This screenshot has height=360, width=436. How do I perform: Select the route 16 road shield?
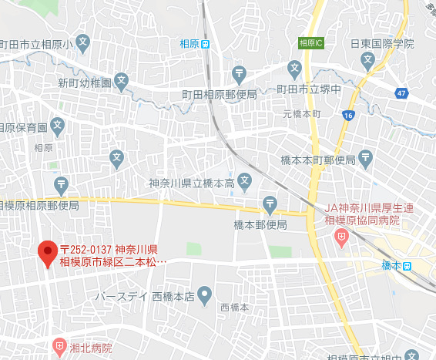pos(349,115)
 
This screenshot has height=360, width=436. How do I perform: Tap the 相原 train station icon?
pos(205,44)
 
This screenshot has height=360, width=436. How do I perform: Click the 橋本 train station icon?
pos(407,266)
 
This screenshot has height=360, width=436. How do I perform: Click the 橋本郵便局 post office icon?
pos(270,205)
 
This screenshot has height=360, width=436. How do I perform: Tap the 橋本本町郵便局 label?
pos(317,160)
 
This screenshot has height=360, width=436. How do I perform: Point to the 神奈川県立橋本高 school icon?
pos(244,183)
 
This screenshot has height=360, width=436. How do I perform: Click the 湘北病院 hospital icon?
pos(60,348)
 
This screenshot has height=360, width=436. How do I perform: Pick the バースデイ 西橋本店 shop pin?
pos(204,294)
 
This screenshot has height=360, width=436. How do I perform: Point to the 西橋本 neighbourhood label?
pos(234,307)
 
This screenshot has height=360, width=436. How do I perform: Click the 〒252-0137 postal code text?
pos(86,249)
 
